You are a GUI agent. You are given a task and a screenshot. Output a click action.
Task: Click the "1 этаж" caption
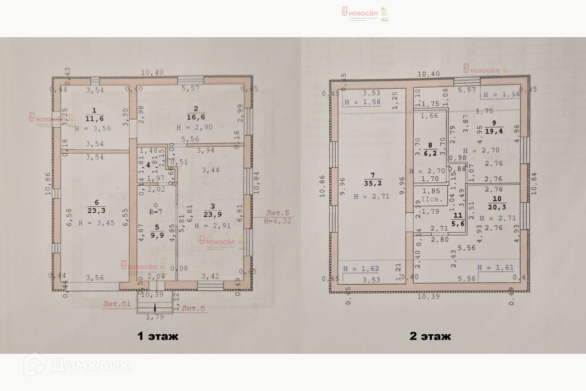click(157, 336)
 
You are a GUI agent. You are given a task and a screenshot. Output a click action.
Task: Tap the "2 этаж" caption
click(430, 336)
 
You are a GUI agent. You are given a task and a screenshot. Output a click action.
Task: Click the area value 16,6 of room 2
click(196, 117)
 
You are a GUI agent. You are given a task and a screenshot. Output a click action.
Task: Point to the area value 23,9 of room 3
click(213, 214)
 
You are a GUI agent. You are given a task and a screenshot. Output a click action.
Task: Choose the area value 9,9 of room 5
click(157, 235)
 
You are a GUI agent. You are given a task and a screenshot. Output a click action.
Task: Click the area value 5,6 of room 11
click(457, 224)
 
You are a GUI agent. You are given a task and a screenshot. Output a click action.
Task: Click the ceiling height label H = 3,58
click(93, 128)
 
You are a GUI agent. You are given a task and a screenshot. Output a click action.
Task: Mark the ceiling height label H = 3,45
click(96, 223)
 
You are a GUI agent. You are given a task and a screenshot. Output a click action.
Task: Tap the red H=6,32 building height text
click(277, 221)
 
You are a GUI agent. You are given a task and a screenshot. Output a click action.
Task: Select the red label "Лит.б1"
click(117, 303)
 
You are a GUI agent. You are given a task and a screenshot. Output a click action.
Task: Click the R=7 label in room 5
click(155, 212)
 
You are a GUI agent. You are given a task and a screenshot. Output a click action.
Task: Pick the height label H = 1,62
click(361, 269)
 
